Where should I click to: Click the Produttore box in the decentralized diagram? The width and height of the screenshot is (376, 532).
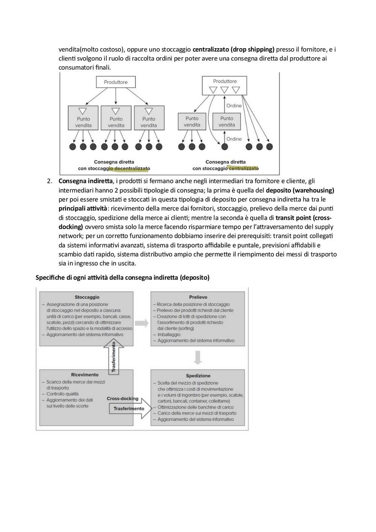click(115, 82)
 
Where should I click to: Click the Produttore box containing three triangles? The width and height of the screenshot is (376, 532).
click(224, 85)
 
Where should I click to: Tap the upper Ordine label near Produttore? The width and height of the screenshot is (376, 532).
click(234, 106)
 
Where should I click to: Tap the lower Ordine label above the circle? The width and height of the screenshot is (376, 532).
click(234, 139)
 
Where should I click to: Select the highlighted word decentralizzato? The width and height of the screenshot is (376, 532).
click(132, 169)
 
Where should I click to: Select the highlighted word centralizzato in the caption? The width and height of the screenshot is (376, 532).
click(244, 169)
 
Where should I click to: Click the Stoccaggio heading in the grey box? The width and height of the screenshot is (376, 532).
click(87, 297)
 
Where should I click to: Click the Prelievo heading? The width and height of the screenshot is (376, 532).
click(198, 297)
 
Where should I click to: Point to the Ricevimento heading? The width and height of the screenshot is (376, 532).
click(85, 374)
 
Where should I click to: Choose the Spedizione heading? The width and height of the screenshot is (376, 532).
click(198, 376)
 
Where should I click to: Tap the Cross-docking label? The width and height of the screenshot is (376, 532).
click(123, 398)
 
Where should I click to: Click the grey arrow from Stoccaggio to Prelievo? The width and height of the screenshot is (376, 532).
click(142, 323)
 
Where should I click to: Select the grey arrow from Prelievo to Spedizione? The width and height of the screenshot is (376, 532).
click(198, 357)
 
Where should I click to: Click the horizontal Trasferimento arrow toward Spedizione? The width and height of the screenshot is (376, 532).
click(130, 409)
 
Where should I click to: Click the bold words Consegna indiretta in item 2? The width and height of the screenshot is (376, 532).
click(85, 181)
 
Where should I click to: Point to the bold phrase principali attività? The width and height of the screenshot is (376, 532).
click(83, 208)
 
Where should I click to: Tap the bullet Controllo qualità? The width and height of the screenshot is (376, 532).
click(62, 394)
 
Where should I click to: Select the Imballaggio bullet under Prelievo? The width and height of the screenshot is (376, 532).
click(169, 334)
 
